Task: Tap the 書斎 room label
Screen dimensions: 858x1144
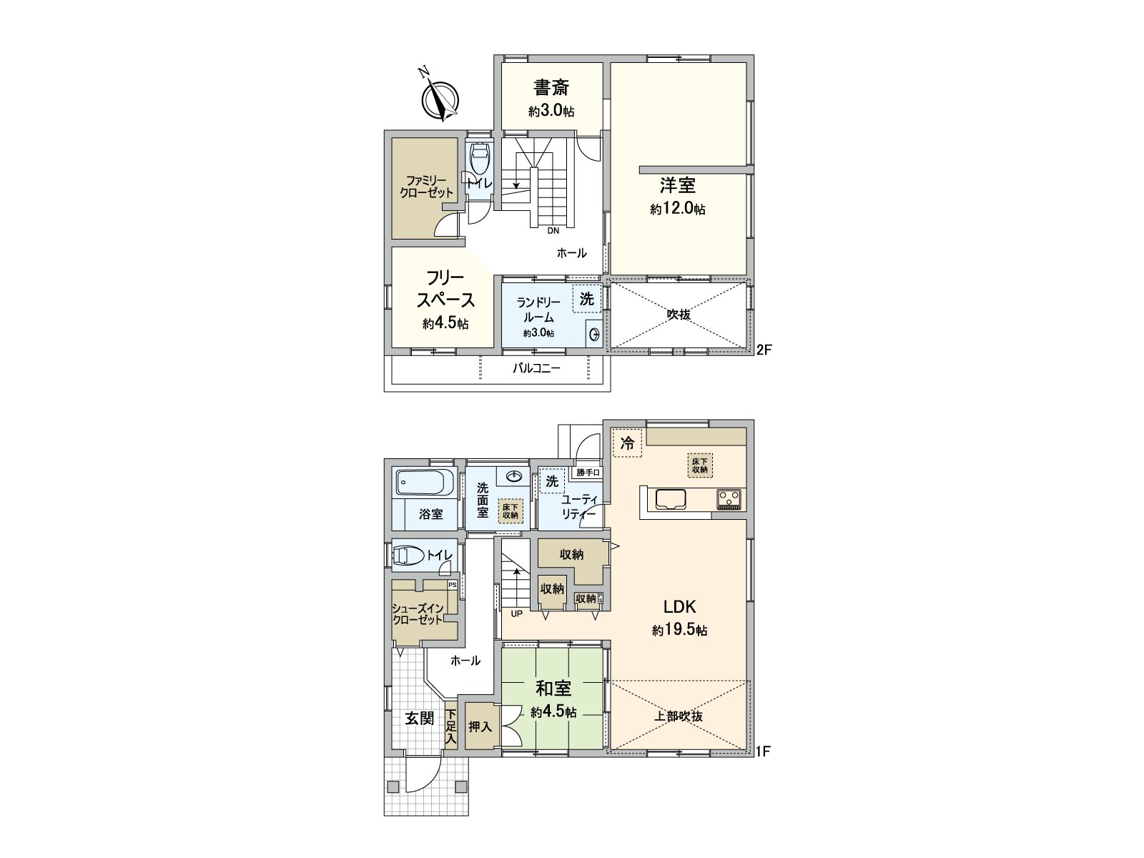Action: (551, 88)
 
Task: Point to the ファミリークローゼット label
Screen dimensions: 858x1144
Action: (426, 187)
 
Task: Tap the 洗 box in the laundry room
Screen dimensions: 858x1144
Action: (586, 300)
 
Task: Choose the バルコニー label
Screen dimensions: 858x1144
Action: (536, 369)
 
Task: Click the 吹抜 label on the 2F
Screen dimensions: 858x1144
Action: (679, 314)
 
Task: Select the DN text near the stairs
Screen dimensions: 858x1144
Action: (553, 231)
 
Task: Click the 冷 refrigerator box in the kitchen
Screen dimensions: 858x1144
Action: (627, 443)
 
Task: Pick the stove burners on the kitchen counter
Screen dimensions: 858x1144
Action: (730, 498)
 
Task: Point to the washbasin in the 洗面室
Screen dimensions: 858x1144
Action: (513, 475)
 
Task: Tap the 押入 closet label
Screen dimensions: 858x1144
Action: (480, 726)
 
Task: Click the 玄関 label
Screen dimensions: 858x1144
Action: (420, 719)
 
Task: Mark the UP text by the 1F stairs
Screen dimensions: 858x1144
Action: (516, 613)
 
